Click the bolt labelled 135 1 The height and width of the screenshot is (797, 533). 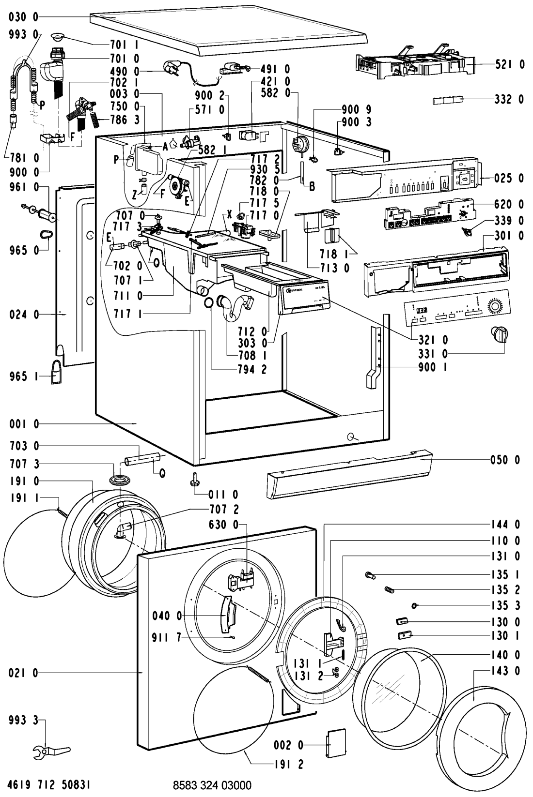coord(371,575)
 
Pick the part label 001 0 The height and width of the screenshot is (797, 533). coord(23,424)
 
